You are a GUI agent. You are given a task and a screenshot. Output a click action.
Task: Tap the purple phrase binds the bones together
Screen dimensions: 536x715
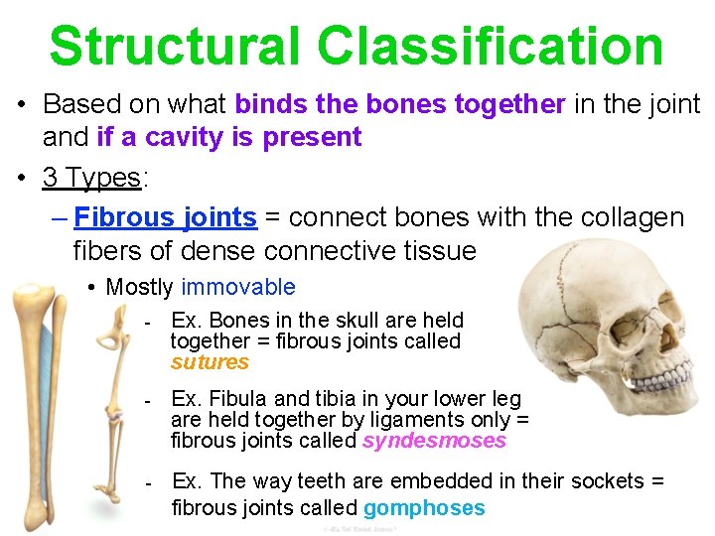400,103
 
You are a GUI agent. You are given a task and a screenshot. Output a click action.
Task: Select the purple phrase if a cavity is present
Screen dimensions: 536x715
229,137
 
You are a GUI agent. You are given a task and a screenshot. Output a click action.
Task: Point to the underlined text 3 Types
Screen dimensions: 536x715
92,178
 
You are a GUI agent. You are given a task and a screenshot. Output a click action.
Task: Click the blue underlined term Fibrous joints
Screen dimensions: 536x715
166,216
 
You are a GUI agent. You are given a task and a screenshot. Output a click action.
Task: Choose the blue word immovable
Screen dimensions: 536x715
238,287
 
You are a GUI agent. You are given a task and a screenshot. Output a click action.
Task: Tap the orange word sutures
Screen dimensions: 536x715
210,362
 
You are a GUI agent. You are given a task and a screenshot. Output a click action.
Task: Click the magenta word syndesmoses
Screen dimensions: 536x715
434,441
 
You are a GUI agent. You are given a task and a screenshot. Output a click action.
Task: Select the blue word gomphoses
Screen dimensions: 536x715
424,508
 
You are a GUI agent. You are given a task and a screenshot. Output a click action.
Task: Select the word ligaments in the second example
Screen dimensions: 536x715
410,420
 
